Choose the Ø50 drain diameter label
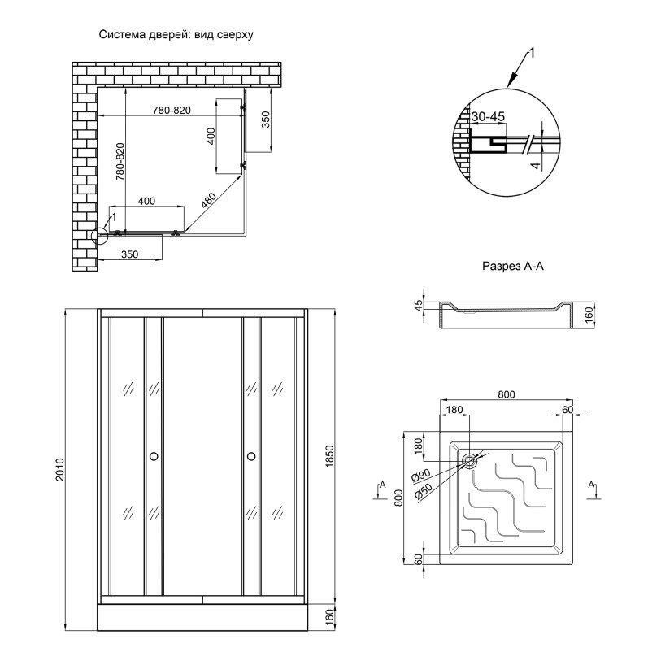(421, 493)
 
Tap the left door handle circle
(154, 457)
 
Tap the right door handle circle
(251, 457)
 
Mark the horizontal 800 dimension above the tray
(506, 395)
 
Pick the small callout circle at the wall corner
(100, 236)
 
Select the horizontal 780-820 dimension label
(171, 111)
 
